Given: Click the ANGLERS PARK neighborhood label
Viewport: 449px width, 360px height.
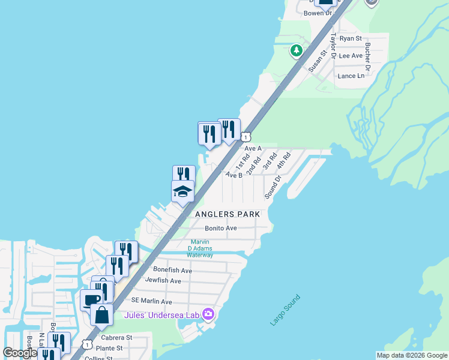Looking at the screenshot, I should point(228,214).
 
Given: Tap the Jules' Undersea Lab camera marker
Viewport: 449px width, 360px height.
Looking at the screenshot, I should point(208,313).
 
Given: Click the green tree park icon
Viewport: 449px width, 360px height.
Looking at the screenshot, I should point(296,51).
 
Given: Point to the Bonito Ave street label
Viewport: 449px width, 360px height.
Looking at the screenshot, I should point(221,229).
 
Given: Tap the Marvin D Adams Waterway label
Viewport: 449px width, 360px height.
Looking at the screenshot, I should point(200,248).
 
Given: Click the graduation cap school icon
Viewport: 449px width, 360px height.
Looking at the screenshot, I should point(182,192).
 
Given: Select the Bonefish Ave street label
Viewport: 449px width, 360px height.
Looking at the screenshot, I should point(172,271).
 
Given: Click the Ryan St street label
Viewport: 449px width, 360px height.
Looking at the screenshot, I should point(351,38).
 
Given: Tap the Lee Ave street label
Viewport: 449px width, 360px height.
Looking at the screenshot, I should point(351,56).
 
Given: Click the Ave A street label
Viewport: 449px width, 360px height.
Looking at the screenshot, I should point(253,148).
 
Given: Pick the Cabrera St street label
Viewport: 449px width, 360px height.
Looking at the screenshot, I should point(116,338).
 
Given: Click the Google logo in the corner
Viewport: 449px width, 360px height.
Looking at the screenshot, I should point(20,353).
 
